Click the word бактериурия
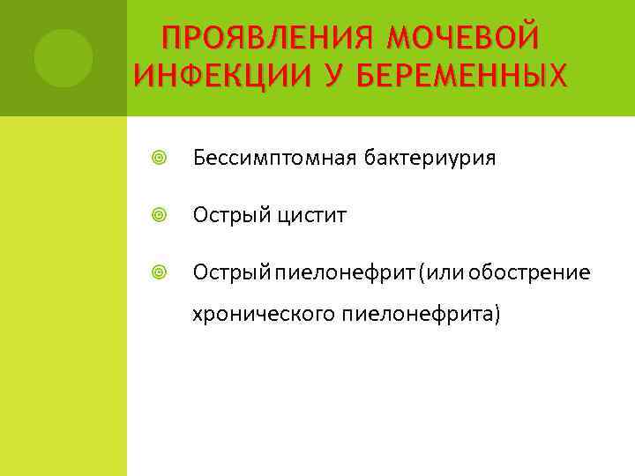tap(430, 159)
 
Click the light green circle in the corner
tap(63, 58)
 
